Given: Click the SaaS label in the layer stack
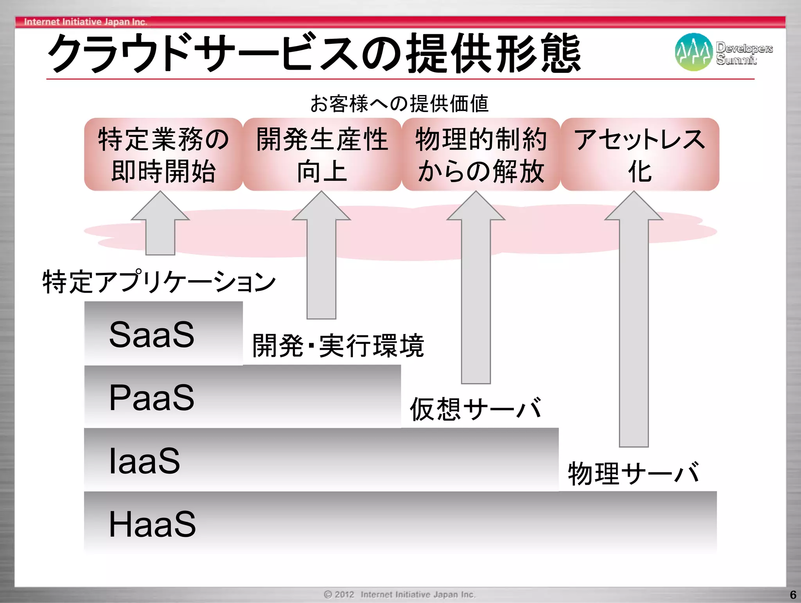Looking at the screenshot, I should click(x=152, y=335).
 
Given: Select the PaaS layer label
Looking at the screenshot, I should click(x=152, y=398).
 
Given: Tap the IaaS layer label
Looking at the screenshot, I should click(x=144, y=461).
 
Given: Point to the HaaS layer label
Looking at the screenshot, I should click(x=152, y=524).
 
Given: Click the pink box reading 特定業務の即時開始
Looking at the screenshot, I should click(x=163, y=155).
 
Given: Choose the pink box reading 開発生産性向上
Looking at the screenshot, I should click(x=322, y=155).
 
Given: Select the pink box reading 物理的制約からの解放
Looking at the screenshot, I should click(x=481, y=155).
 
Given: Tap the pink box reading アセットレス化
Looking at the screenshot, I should click(x=639, y=155).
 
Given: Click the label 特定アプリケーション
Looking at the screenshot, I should click(x=159, y=282).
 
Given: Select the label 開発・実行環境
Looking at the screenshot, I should click(x=338, y=346).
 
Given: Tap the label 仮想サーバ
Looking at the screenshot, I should click(x=476, y=409).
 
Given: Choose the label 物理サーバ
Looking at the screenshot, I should click(x=634, y=473).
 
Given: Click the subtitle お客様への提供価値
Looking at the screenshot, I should click(x=399, y=104).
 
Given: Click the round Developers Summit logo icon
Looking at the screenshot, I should click(x=693, y=52).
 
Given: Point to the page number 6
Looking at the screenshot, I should click(x=793, y=595).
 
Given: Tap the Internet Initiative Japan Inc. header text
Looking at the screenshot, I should click(x=86, y=22).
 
